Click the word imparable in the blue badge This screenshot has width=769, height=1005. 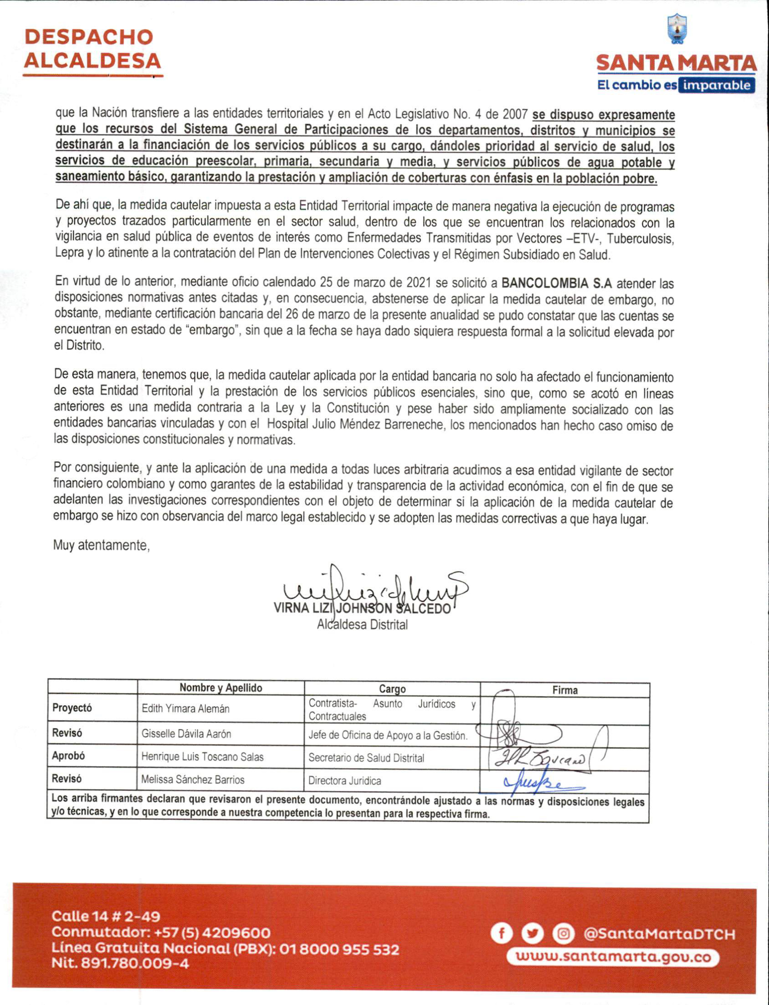pyautogui.click(x=716, y=86)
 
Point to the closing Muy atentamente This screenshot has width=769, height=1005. pyautogui.click(x=102, y=545)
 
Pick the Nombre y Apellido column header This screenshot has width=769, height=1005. pyautogui.click(x=220, y=687)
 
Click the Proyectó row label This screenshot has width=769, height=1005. pyautogui.click(x=72, y=708)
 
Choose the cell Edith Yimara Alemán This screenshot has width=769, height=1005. pyautogui.click(x=185, y=709)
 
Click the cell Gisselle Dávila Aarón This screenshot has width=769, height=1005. pyautogui.click(x=186, y=733)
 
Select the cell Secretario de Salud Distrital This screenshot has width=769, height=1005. pyautogui.click(x=366, y=758)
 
